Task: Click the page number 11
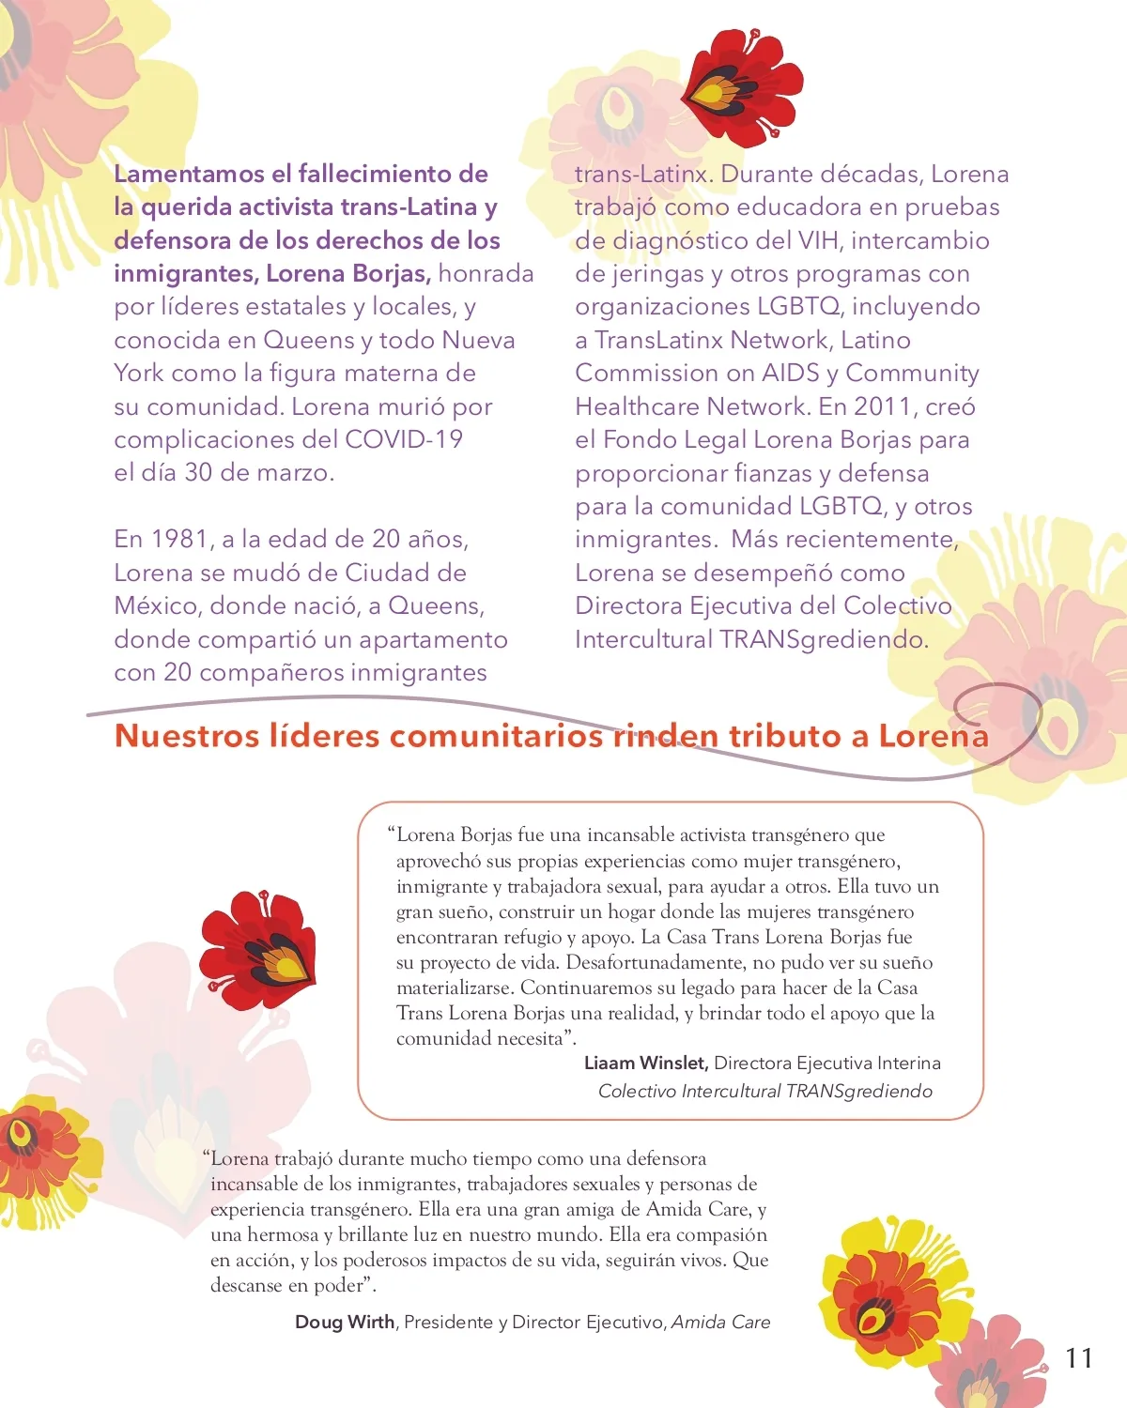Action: (x=1079, y=1357)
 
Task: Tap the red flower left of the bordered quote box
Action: (x=258, y=948)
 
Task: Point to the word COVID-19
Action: (x=404, y=439)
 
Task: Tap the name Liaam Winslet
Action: (x=645, y=1063)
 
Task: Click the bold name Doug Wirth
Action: (x=345, y=1322)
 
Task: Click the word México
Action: (x=157, y=605)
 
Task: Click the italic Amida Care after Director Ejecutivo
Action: (x=720, y=1322)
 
